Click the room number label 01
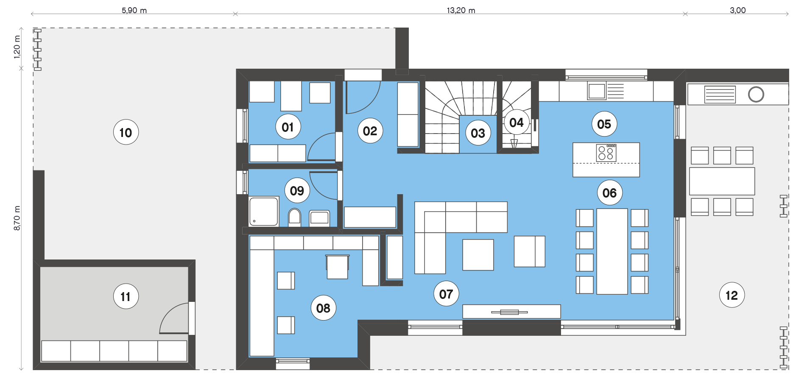(x=288, y=127)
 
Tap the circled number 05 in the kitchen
(x=604, y=124)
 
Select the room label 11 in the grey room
(x=126, y=296)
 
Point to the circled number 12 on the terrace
(x=732, y=295)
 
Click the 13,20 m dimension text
(x=461, y=10)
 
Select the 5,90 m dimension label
(x=134, y=10)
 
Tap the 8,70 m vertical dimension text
(x=17, y=218)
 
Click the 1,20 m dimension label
(x=17, y=47)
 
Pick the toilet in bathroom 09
(x=294, y=217)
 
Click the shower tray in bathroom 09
(x=264, y=211)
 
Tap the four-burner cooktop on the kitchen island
(x=606, y=153)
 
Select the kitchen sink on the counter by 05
(x=597, y=91)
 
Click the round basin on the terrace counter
(x=756, y=94)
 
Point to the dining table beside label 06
(x=612, y=251)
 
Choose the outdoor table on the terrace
(x=722, y=181)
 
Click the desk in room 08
(x=338, y=267)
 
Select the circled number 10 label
(x=126, y=132)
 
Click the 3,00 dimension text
(x=737, y=10)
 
